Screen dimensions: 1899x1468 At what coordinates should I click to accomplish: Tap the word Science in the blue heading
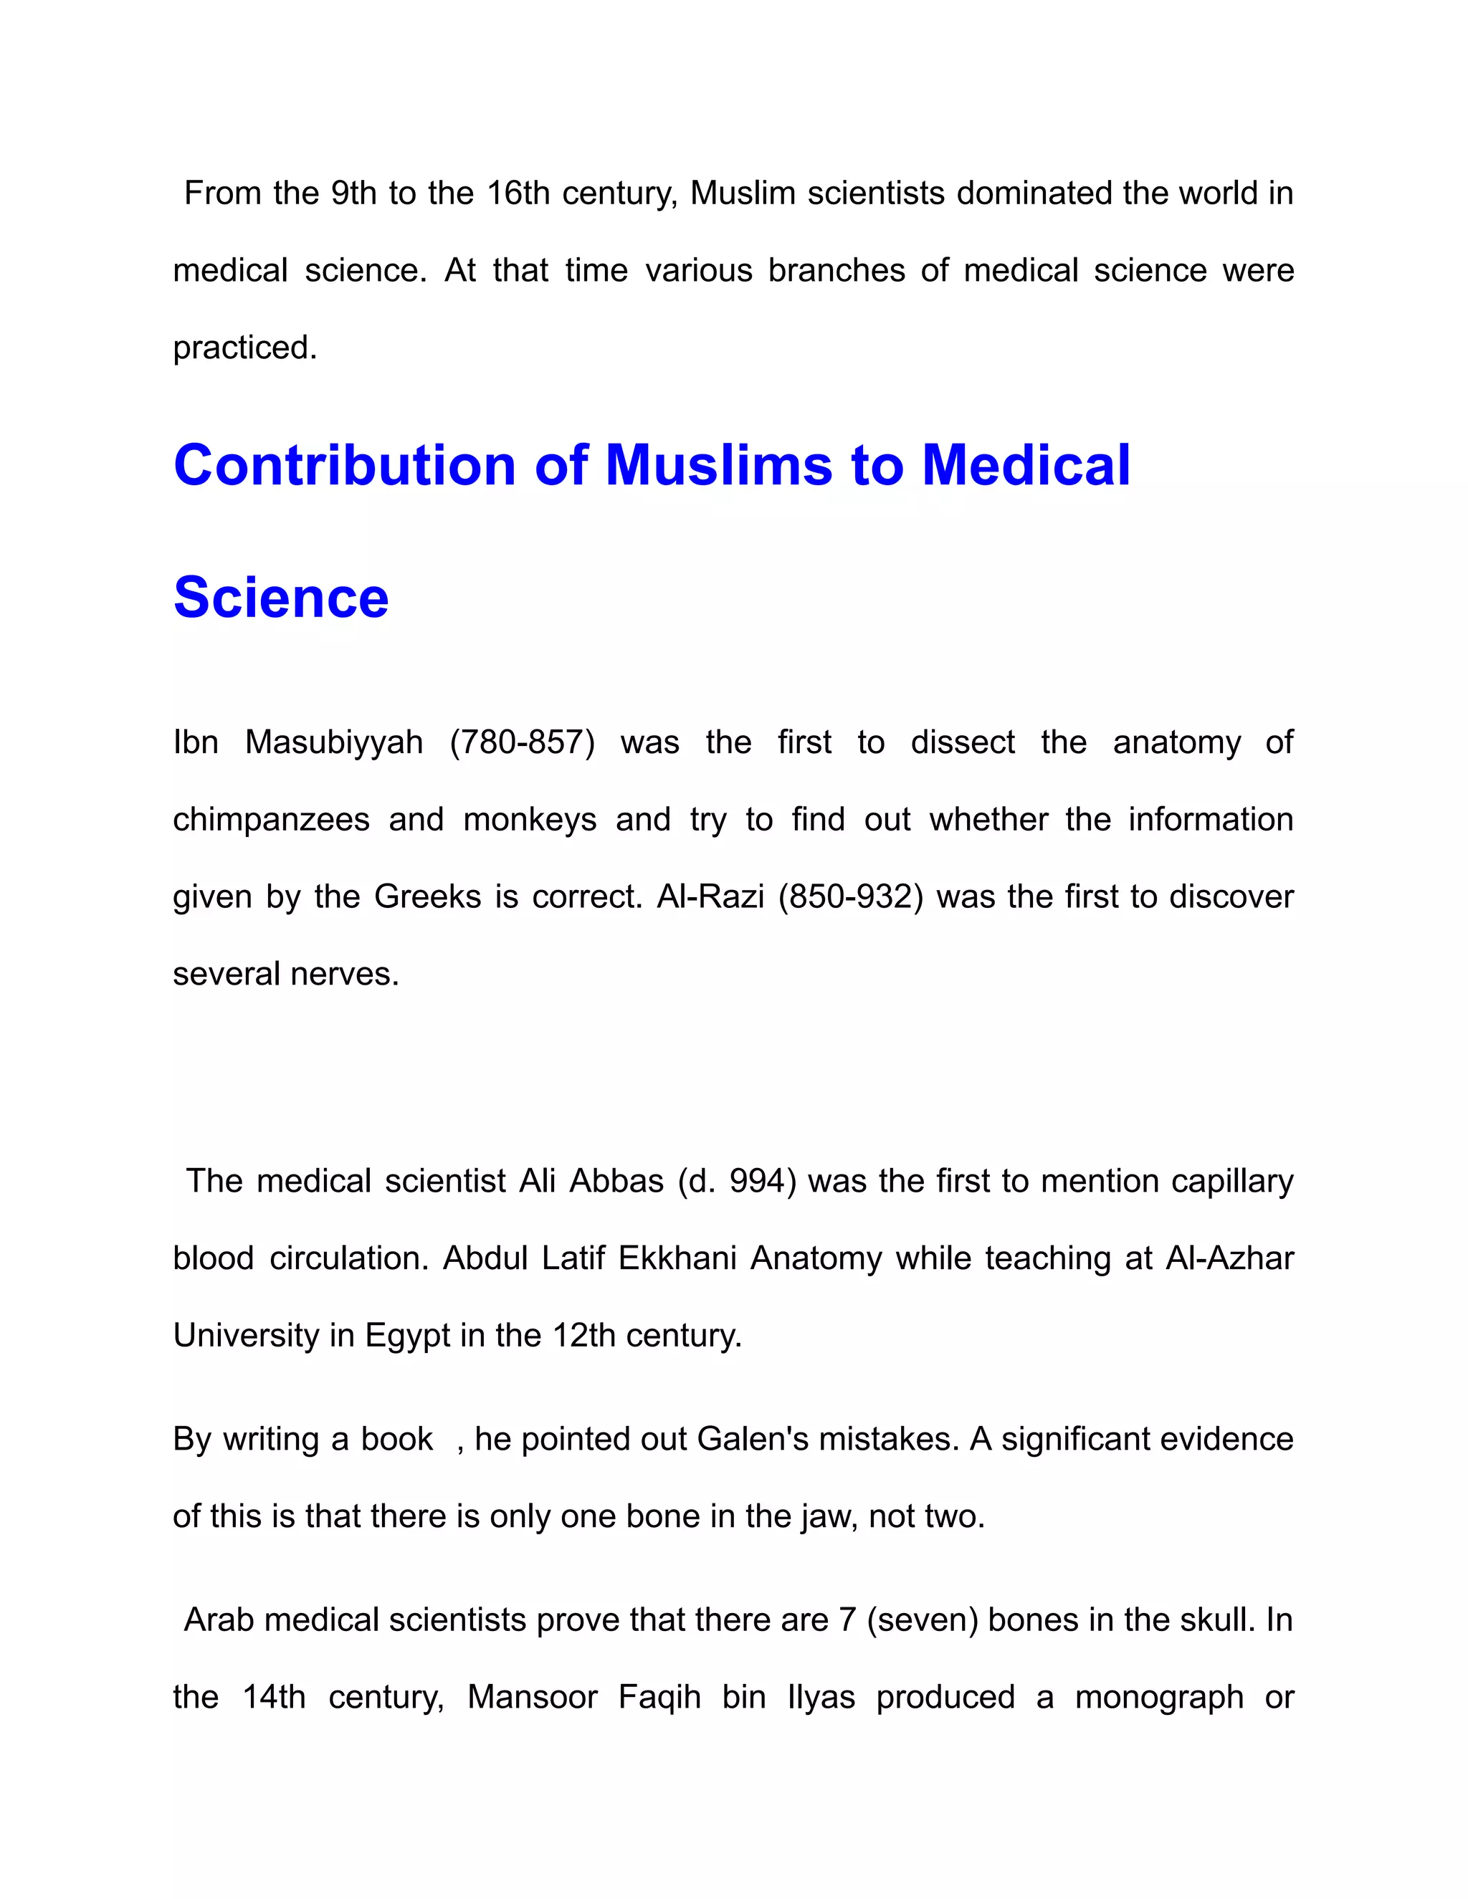point(281,598)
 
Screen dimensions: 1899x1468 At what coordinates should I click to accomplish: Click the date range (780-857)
point(522,742)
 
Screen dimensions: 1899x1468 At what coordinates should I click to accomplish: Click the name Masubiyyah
point(334,742)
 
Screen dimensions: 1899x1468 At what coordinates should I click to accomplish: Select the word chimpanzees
point(272,820)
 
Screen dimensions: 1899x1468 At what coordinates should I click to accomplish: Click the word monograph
point(1158,1697)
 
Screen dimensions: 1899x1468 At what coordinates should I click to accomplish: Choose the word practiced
point(244,348)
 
